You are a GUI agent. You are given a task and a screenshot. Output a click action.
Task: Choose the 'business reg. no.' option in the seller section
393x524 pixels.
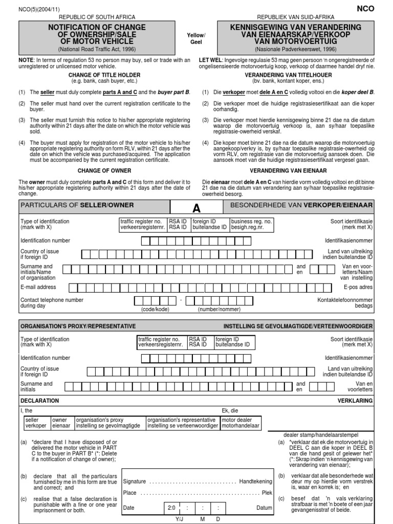point(251,225)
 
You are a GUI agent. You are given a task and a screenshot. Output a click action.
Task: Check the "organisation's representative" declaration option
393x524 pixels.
point(181,422)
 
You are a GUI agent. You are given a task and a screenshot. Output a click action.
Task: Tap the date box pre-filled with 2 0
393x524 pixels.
point(171,508)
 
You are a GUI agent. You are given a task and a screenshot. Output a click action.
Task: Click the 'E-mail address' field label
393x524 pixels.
point(38,288)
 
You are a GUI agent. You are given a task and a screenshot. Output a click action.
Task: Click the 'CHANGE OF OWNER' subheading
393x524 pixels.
point(104,170)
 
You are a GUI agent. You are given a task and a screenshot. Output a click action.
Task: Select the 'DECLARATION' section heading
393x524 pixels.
point(40,401)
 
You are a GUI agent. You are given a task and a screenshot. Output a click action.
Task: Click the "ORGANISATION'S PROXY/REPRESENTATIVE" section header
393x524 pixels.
point(78,325)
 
